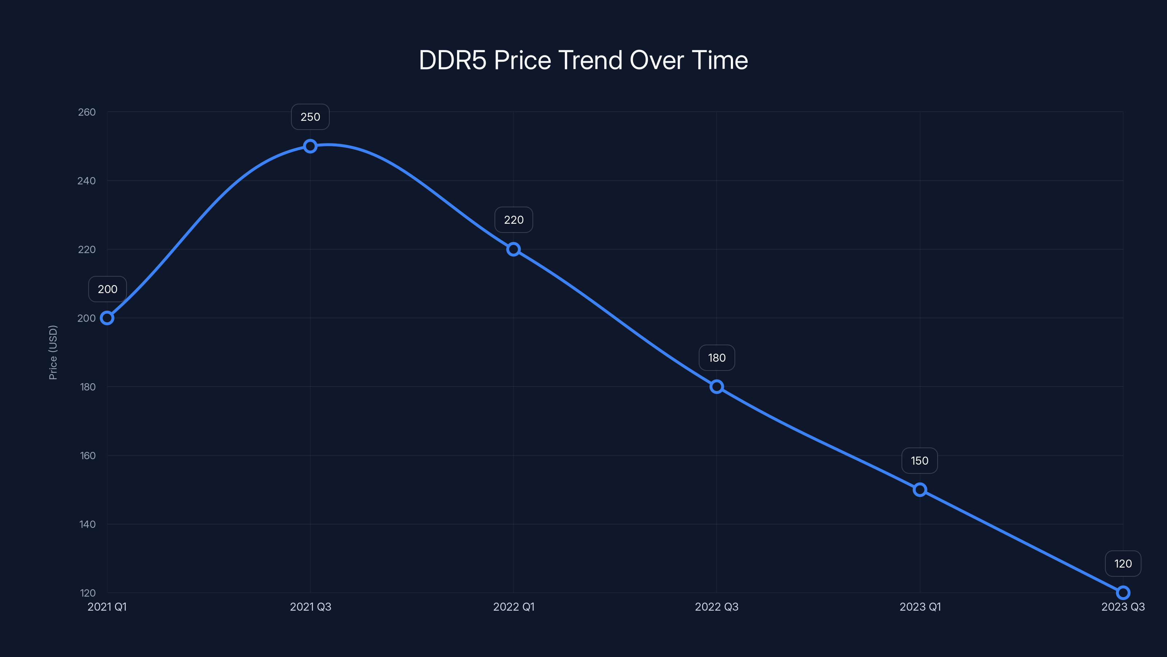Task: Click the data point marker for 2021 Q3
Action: pyautogui.click(x=310, y=146)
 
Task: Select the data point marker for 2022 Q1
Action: pyautogui.click(x=513, y=249)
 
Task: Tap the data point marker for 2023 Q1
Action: pyautogui.click(x=920, y=490)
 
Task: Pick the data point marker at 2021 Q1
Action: pyautogui.click(x=107, y=318)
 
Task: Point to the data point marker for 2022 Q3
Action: pyautogui.click(x=716, y=387)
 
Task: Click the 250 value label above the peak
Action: pyautogui.click(x=310, y=117)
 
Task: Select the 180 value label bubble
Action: pyautogui.click(x=717, y=358)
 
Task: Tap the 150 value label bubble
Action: pyautogui.click(x=920, y=461)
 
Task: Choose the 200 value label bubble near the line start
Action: pyautogui.click(x=107, y=289)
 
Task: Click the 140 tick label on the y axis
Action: pyautogui.click(x=88, y=524)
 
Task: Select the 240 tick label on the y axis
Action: pyautogui.click(x=86, y=181)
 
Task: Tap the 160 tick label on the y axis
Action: pyautogui.click(x=88, y=456)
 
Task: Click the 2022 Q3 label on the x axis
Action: pyautogui.click(x=717, y=607)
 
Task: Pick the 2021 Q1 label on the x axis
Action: pyautogui.click(x=107, y=607)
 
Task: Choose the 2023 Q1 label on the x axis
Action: pyautogui.click(x=920, y=607)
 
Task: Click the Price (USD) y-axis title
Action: pyautogui.click(x=53, y=352)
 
